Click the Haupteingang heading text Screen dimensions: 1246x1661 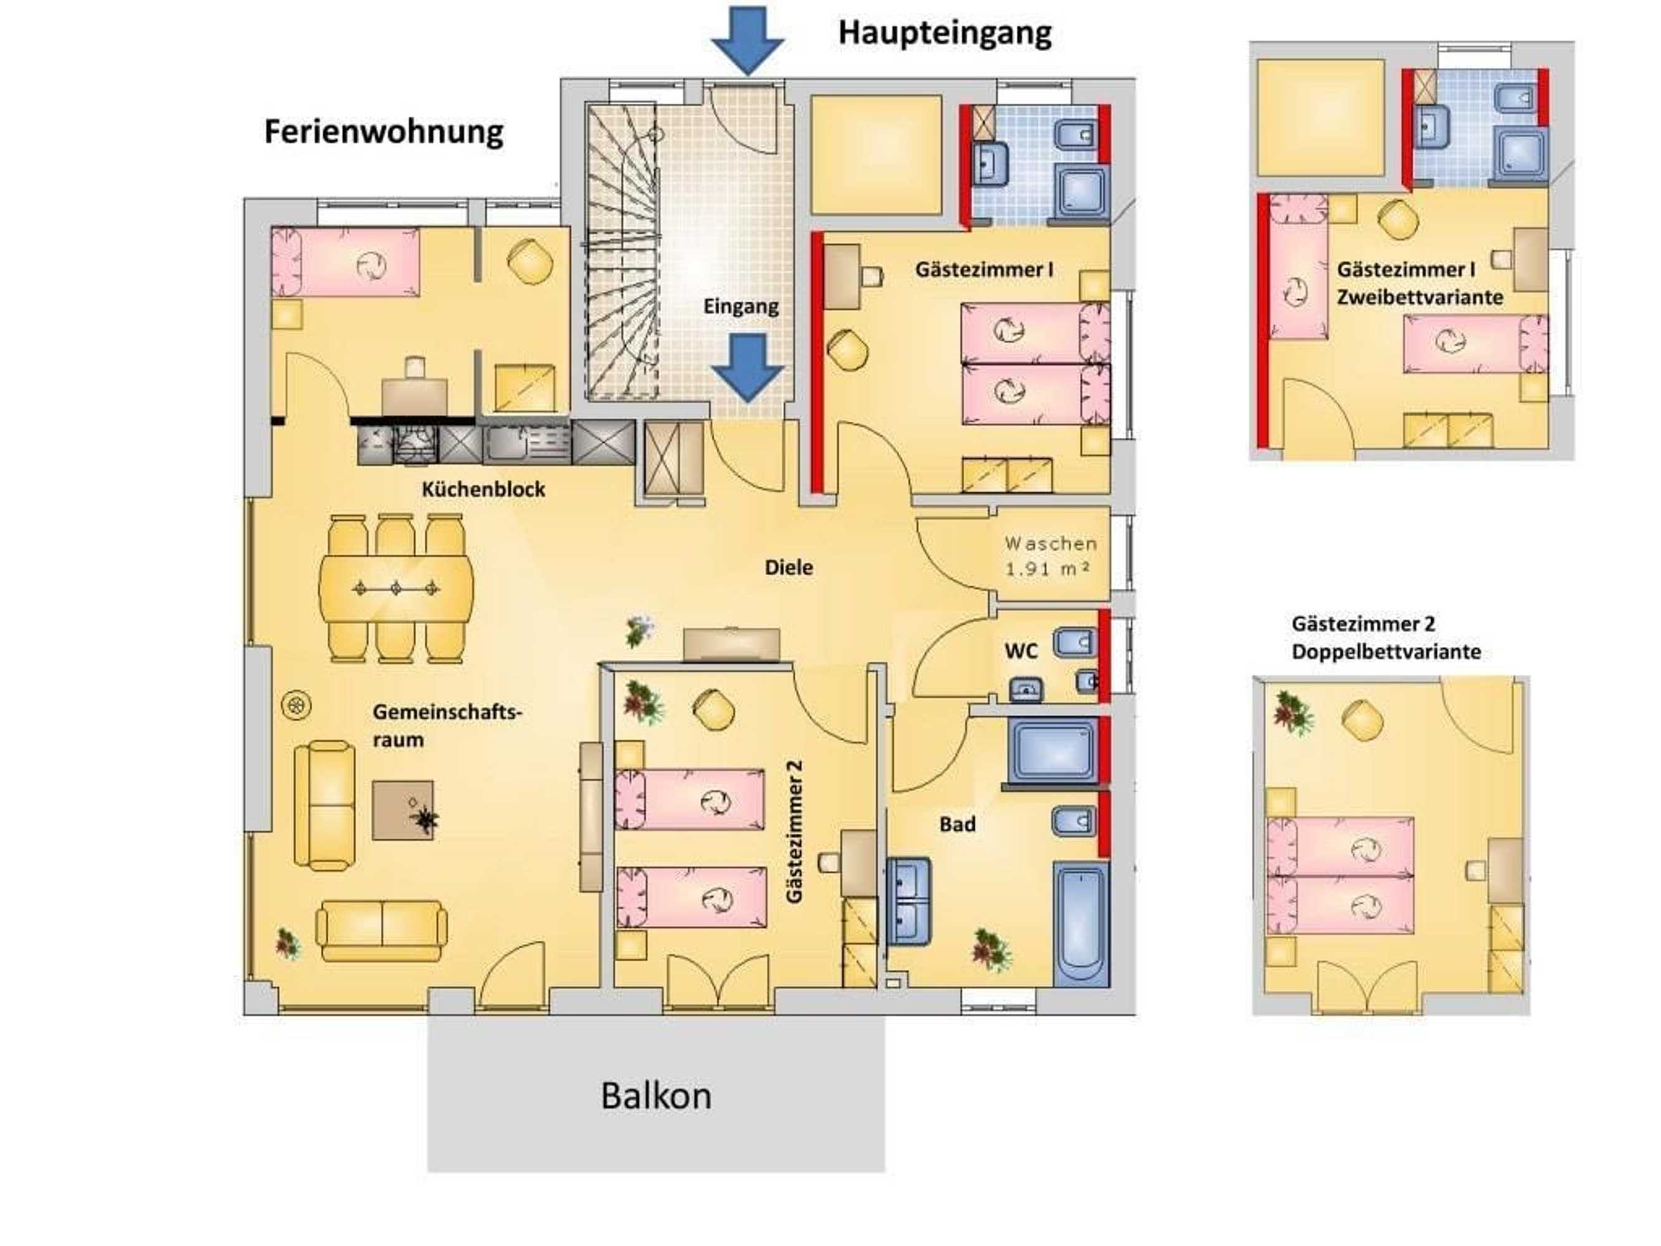coord(944,33)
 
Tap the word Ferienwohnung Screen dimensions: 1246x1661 coord(383,132)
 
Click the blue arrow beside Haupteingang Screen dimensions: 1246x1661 coord(747,39)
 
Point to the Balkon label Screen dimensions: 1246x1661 coord(656,1096)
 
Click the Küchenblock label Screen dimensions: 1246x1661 coord(483,490)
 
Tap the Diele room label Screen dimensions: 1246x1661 coord(788,568)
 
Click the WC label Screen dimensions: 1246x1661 coord(1021,651)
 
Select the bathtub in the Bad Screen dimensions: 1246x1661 coord(1081,925)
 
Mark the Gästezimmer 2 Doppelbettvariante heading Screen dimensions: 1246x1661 coord(1386,638)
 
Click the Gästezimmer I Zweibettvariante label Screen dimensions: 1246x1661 coord(1419,283)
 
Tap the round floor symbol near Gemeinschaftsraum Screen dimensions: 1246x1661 coord(296,705)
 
